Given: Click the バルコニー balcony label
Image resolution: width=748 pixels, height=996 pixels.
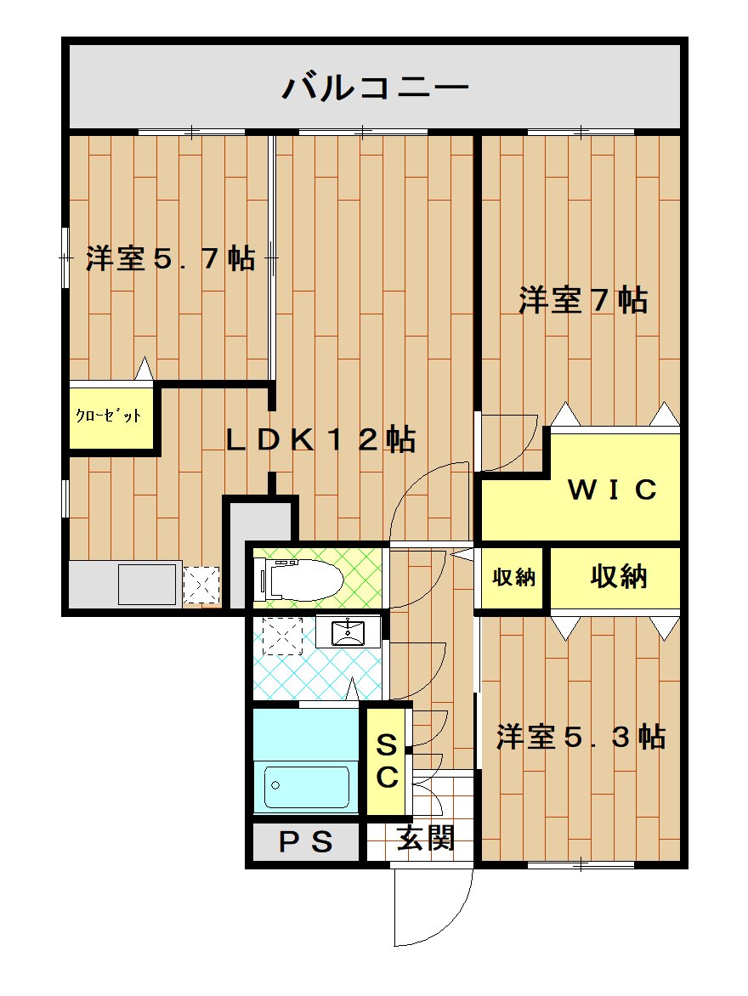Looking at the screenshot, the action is point(375,87).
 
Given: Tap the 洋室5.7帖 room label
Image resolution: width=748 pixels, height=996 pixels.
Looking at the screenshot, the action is point(170,258).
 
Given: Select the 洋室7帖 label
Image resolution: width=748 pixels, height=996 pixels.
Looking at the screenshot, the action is point(583,300).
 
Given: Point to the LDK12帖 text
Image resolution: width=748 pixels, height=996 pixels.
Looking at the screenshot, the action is point(321,439).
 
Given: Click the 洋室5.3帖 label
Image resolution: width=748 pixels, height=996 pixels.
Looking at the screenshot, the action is point(581,737).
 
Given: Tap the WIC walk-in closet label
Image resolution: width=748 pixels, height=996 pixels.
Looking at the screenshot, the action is point(612,490).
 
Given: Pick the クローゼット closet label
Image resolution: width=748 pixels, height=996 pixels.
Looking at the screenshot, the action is point(109,416).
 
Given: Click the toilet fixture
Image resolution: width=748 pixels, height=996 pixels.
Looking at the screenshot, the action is point(298,578).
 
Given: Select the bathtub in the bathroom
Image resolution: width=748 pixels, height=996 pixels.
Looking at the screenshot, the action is point(306,786).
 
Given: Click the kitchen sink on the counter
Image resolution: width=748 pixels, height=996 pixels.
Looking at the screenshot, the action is point(147,584).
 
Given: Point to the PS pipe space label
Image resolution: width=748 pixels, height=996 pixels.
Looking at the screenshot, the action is point(306,841).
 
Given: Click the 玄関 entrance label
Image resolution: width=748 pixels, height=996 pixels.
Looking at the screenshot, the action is point(426,839).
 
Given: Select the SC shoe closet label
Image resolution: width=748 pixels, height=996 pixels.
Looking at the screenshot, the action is point(387,761).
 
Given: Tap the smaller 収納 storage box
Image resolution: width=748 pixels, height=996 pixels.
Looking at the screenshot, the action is point(513,577).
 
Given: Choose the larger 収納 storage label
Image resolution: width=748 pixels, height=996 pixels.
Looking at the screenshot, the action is point(618,576).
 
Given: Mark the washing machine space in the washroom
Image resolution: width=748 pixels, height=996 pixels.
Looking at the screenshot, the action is point(283,636).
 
